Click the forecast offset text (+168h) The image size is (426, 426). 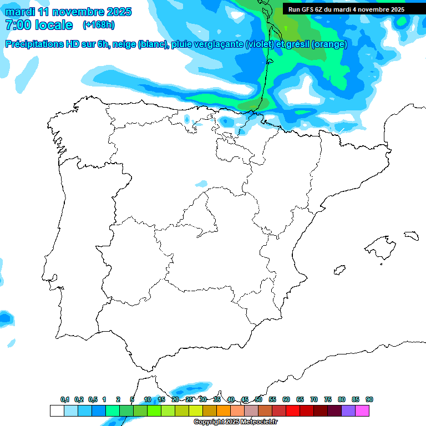pyautogui.click(x=99, y=25)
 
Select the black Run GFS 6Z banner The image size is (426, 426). pyautogui.click(x=346, y=9)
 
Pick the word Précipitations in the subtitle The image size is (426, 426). pyautogui.click(x=34, y=44)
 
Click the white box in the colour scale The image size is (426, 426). pyautogui.click(x=57, y=410)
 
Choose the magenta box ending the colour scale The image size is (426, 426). pyautogui.click(x=362, y=410)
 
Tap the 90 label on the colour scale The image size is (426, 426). pyautogui.click(x=369, y=399)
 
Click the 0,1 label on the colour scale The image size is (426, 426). pyautogui.click(x=65, y=399)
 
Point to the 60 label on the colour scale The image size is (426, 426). pyautogui.click(x=286, y=399)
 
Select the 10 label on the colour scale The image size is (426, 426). pyautogui.click(x=148, y=399)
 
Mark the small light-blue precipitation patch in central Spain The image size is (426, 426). pyautogui.click(x=201, y=184)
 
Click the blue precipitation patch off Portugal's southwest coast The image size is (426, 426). pyautogui.click(x=6, y=318)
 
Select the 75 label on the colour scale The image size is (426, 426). pyautogui.click(x=328, y=399)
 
